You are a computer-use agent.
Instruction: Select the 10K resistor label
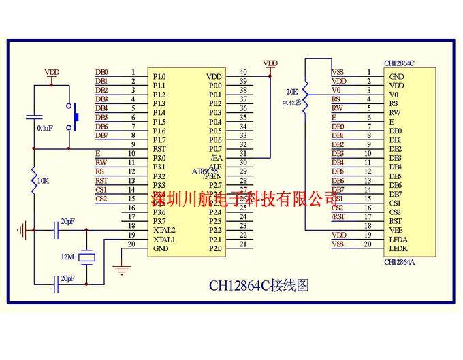(43, 181)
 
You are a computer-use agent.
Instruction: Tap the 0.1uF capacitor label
(45, 128)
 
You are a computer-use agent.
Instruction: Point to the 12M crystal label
(67, 257)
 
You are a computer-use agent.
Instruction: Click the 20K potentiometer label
(292, 91)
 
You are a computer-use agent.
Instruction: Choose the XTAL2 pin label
(164, 230)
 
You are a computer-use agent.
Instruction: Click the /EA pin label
(216, 157)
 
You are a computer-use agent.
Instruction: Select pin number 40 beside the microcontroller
(243, 72)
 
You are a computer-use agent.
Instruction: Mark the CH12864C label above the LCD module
(400, 63)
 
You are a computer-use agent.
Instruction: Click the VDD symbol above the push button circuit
(52, 71)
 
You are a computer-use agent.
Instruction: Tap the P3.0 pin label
(159, 158)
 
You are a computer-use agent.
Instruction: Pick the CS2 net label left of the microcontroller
(101, 199)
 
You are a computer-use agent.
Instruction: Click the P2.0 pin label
(215, 248)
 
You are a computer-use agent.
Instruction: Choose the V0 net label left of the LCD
(336, 90)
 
